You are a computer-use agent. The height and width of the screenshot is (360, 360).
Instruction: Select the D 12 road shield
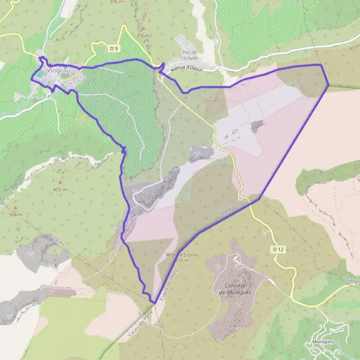click(x=277, y=248)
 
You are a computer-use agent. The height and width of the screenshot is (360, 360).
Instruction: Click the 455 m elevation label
click(x=59, y=190)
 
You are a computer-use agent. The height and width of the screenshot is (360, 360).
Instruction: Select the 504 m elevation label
click(x=16, y=214)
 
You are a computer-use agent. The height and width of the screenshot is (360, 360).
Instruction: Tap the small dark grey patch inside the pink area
click(x=257, y=126)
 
